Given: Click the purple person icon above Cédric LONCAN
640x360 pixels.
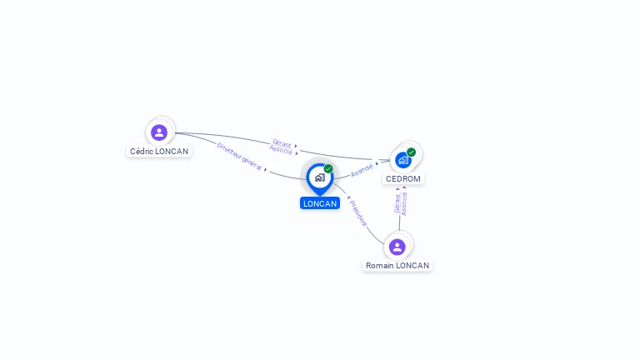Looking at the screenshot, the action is (x=159, y=132).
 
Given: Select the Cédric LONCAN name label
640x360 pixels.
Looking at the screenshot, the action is (x=159, y=152).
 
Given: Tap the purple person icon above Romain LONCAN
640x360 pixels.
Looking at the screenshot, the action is (x=397, y=247).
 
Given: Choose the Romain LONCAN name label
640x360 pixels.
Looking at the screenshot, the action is (x=397, y=266).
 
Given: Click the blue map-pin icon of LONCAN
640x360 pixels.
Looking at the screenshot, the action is (x=320, y=179).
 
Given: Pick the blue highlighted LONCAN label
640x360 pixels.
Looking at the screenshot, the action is (x=320, y=203).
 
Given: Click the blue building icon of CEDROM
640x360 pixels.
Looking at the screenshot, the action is (x=403, y=160).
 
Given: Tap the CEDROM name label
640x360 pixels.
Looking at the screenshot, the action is (x=403, y=179).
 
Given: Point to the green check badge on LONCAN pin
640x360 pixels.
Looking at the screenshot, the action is (x=328, y=168).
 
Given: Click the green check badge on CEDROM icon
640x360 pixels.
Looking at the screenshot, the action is (x=411, y=152).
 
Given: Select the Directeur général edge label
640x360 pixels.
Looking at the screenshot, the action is (x=239, y=157).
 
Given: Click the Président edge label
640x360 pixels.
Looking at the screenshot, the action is (x=358, y=213).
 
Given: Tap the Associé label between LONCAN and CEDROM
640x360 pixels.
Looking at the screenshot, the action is (x=362, y=170).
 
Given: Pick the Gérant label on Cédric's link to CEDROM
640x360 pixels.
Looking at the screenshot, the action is (x=282, y=143).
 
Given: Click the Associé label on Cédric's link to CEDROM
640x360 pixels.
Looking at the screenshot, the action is (x=281, y=150).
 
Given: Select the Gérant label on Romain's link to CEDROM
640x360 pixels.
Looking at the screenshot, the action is (x=397, y=203).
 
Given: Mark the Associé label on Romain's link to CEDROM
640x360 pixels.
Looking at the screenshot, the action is (x=403, y=203).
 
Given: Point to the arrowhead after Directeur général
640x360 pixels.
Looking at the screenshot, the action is (x=265, y=169).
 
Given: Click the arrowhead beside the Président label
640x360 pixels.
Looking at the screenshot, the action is (x=349, y=197).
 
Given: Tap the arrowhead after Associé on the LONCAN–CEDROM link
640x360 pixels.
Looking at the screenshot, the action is (x=377, y=163).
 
